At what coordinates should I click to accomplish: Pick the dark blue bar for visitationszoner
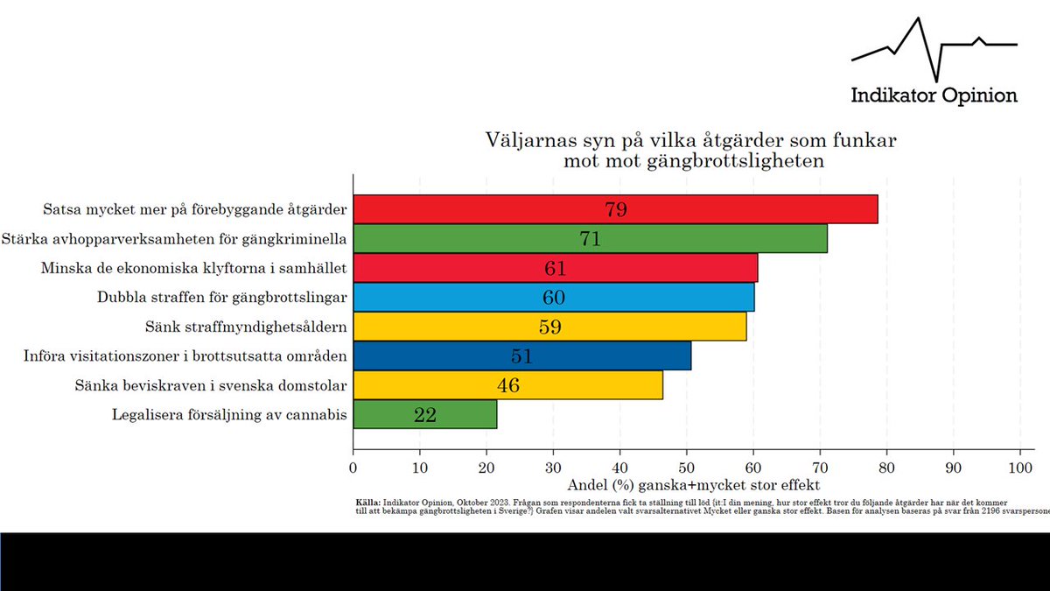[521, 356]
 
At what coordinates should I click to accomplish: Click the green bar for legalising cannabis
[424, 415]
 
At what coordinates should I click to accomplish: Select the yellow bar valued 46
[507, 386]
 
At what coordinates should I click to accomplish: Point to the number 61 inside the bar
[556, 269]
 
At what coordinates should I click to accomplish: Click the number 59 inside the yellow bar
[549, 327]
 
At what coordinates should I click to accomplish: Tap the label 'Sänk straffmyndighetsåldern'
[246, 327]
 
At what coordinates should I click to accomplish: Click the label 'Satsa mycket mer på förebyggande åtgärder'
[195, 210]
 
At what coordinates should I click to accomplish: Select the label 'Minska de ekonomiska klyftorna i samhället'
[194, 269]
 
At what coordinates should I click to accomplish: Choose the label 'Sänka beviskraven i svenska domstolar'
[210, 386]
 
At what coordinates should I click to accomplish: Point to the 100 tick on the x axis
[1020, 468]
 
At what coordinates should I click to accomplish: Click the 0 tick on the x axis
[353, 468]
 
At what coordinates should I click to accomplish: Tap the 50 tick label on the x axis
[687, 468]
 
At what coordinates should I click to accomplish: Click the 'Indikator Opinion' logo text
[934, 95]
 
